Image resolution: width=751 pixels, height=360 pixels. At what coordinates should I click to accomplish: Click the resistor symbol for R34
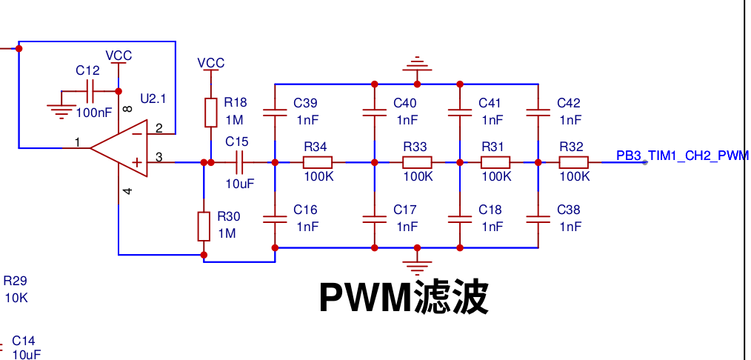click(318, 162)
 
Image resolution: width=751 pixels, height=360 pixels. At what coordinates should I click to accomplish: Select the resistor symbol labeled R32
click(573, 162)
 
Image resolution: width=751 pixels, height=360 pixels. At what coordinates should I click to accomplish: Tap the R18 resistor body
click(211, 113)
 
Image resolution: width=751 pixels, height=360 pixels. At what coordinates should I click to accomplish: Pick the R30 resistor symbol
click(204, 227)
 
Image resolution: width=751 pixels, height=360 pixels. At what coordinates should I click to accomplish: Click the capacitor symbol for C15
click(239, 162)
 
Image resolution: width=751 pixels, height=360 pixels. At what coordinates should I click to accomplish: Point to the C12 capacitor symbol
click(90, 91)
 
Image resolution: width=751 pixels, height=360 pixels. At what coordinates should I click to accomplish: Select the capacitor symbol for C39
click(275, 113)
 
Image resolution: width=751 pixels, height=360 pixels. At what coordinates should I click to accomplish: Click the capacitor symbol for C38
click(538, 219)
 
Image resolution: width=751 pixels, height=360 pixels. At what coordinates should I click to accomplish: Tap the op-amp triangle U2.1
click(119, 148)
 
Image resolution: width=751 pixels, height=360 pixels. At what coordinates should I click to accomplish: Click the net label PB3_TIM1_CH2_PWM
click(682, 156)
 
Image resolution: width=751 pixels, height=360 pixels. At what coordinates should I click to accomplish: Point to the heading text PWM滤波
click(404, 297)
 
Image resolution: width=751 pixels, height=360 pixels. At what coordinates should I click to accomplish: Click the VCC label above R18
click(211, 63)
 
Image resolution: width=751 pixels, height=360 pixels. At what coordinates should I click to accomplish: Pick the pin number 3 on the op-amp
click(159, 156)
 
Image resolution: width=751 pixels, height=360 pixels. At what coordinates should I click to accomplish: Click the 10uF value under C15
click(240, 184)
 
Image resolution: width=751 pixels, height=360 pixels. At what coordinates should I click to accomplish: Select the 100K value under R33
click(418, 176)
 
